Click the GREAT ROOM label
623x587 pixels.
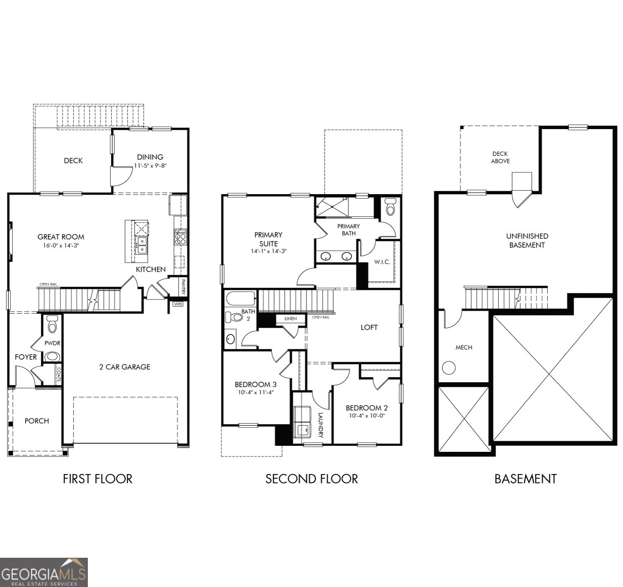61,237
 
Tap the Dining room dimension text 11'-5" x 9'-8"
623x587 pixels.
150,165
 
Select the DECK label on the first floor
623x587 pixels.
73,160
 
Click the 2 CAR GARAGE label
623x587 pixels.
125,367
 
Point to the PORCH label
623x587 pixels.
37,421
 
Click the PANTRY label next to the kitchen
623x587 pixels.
183,287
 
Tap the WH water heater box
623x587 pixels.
178,304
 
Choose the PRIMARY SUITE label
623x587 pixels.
268,239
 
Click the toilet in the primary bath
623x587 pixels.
390,207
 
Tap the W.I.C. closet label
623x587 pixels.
382,262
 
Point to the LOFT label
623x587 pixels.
369,327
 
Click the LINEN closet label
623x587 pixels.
290,319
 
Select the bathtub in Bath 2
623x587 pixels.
241,298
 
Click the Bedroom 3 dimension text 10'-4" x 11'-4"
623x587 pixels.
255,392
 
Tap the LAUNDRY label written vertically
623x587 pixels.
321,425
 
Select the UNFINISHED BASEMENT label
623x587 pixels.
527,241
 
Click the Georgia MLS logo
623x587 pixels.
44,572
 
